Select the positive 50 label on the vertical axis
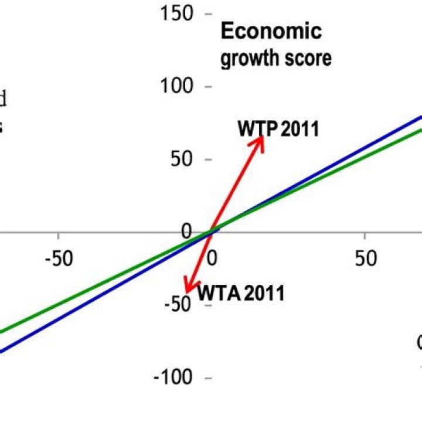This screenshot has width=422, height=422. pyautogui.click(x=182, y=159)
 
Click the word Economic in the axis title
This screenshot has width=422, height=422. pyautogui.click(x=271, y=32)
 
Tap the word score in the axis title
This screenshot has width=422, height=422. pyautogui.click(x=310, y=59)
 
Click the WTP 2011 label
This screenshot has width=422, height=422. pyautogui.click(x=278, y=128)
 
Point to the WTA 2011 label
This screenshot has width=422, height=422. pyautogui.click(x=240, y=292)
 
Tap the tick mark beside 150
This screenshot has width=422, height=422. pyautogui.click(x=207, y=14)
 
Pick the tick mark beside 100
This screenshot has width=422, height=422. pyautogui.click(x=207, y=87)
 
